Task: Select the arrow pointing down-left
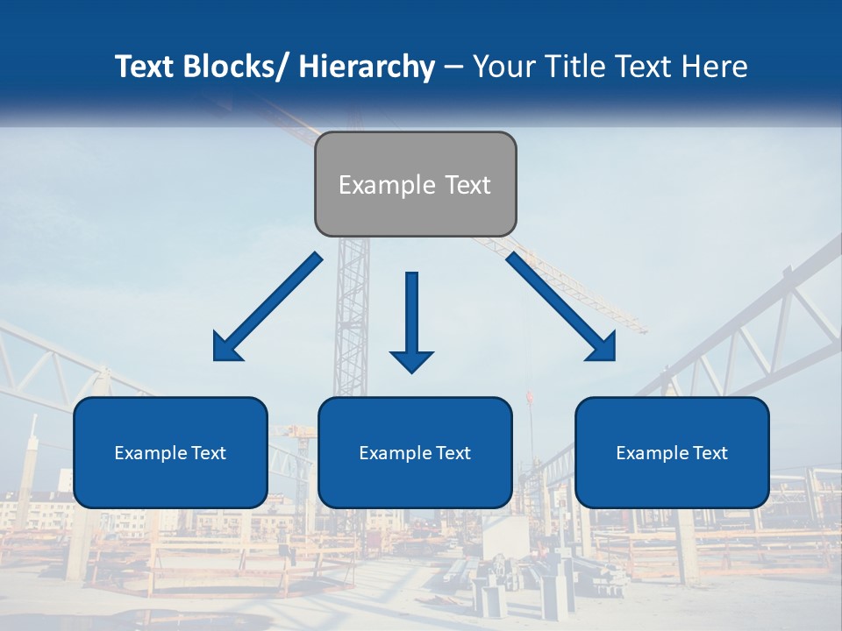pyautogui.click(x=268, y=307)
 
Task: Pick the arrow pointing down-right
pyautogui.click(x=561, y=307)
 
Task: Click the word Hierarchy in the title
pyautogui.click(x=367, y=67)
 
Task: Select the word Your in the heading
pyautogui.click(x=503, y=67)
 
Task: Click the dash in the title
pyautogui.click(x=453, y=67)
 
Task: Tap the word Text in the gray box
pyautogui.click(x=467, y=185)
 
